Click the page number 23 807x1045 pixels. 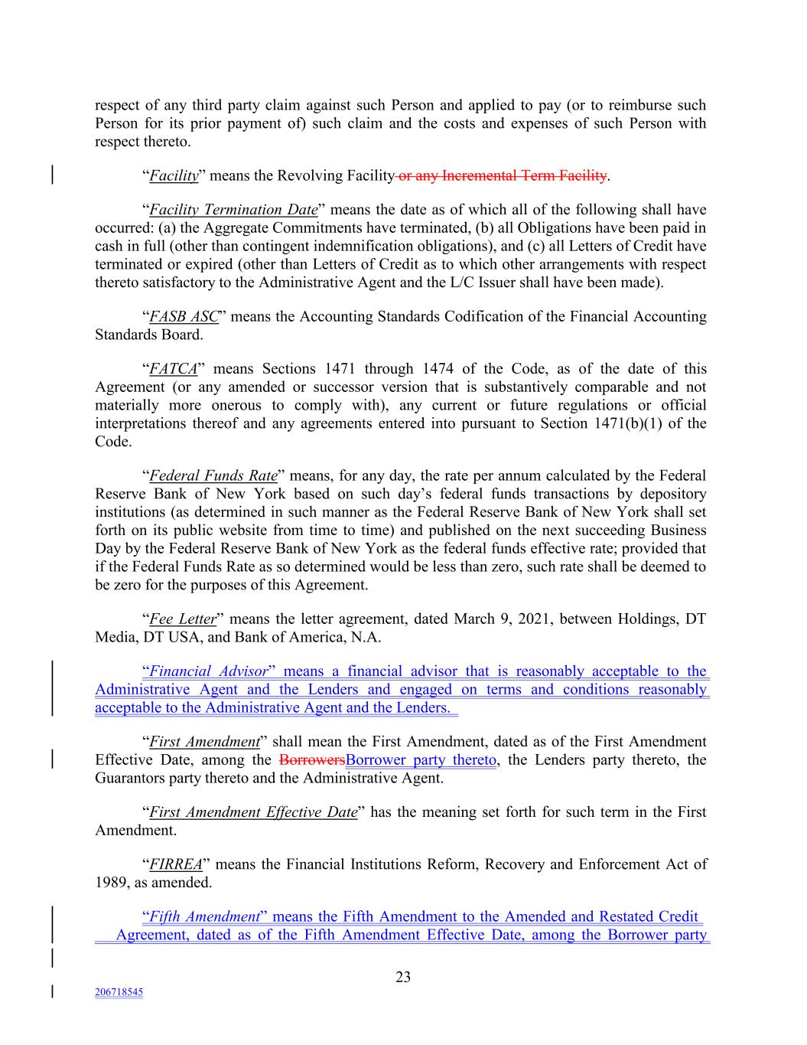tap(403, 977)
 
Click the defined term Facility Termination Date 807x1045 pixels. tap(233, 210)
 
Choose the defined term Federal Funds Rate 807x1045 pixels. tap(213, 475)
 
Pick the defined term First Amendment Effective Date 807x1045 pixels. tap(253, 812)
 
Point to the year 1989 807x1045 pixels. tap(111, 883)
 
